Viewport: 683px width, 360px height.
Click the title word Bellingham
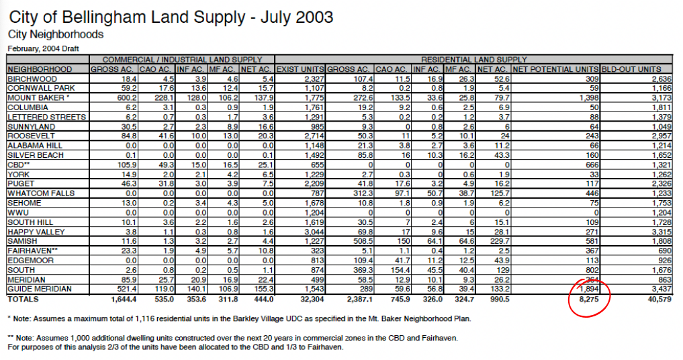(x=100, y=16)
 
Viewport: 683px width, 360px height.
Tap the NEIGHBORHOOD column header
(x=40, y=69)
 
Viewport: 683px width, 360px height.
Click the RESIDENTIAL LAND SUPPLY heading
(x=474, y=60)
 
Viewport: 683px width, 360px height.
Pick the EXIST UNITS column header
(x=300, y=69)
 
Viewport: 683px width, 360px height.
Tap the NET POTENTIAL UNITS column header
(x=553, y=69)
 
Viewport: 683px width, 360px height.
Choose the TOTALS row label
(x=22, y=298)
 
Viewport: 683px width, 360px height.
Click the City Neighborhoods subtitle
(x=56, y=34)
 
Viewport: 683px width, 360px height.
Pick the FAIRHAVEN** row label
(x=32, y=251)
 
